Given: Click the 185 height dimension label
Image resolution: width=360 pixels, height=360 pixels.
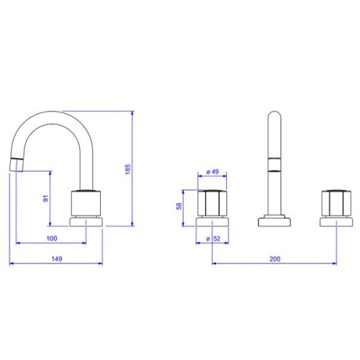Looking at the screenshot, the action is pyautogui.click(x=128, y=169).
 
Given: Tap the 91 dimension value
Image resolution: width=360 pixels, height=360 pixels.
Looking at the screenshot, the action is pyautogui.click(x=45, y=199).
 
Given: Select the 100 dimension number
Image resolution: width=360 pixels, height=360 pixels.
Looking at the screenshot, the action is pyautogui.click(x=52, y=238).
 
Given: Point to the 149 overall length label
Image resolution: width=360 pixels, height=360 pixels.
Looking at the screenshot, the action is pyautogui.click(x=57, y=259).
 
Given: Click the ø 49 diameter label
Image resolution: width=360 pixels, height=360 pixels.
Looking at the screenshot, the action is pyautogui.click(x=212, y=172).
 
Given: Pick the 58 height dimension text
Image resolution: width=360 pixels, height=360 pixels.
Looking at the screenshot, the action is pyautogui.click(x=179, y=206).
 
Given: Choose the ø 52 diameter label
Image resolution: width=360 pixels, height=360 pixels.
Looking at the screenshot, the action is pyautogui.click(x=213, y=238).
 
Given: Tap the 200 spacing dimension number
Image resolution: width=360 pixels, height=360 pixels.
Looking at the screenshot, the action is pyautogui.click(x=275, y=259).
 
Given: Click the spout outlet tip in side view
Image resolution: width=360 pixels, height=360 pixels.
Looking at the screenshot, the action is pyautogui.click(x=17, y=166).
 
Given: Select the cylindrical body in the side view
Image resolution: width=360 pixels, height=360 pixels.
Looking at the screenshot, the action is pyautogui.click(x=86, y=204).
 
